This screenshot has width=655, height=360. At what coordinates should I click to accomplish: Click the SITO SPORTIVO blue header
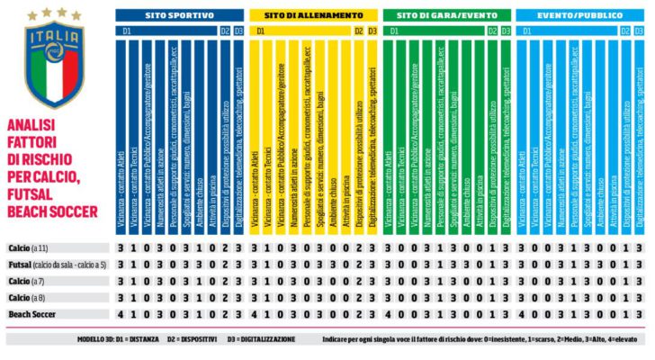pos(180,16)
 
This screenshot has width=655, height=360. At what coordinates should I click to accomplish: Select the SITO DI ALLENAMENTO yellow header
pos(313,16)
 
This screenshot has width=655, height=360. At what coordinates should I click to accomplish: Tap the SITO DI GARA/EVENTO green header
pos(445,16)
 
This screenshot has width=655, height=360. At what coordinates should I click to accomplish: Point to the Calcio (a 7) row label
pos(26,281)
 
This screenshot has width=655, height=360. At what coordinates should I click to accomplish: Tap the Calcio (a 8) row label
pos(26,297)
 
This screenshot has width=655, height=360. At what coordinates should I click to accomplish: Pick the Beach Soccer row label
pos(31,313)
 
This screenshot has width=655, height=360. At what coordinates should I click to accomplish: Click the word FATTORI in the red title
pos(34,139)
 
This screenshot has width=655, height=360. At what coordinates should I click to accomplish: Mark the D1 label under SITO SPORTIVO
pos(124,31)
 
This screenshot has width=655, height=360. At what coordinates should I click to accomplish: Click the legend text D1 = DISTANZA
pos(142,340)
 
